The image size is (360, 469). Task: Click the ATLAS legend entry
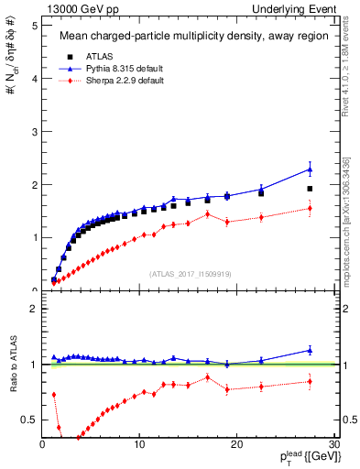(87, 57)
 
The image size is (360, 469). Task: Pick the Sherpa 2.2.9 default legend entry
(108, 82)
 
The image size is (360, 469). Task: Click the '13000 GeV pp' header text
(66, 9)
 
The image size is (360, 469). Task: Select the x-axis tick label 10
(139, 444)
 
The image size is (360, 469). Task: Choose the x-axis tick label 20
(236, 444)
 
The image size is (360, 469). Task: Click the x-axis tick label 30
(333, 444)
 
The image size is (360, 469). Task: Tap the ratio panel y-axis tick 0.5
(29, 420)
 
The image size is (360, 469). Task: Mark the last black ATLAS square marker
(310, 189)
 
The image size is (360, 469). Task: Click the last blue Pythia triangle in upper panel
(310, 169)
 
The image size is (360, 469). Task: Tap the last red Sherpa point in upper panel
(310, 208)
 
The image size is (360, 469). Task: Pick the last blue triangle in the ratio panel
(310, 350)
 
